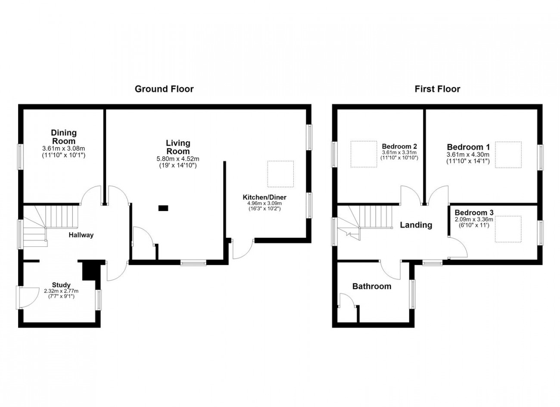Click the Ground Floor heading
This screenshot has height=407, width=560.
(x=164, y=89)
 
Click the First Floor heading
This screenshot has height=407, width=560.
(x=437, y=89)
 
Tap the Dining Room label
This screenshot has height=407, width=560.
(x=64, y=137)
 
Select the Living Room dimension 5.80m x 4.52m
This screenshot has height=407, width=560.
(x=178, y=159)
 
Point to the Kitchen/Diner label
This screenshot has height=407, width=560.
(x=264, y=197)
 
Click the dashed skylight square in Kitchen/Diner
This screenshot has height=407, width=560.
(x=280, y=174)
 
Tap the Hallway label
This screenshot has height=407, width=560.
(x=81, y=235)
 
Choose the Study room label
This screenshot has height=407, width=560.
(x=61, y=285)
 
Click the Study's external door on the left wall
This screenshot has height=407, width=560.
(x=28, y=298)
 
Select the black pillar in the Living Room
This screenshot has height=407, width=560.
(x=163, y=208)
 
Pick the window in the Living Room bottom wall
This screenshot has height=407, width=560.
(x=193, y=262)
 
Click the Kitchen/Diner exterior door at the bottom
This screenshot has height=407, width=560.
(x=243, y=249)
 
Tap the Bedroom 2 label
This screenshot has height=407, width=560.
(x=399, y=146)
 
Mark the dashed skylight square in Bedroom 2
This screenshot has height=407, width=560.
(x=364, y=154)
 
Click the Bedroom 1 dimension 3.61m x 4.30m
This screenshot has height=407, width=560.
(x=468, y=155)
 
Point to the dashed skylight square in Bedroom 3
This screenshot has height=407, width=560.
(x=508, y=229)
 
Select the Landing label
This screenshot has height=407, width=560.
(x=416, y=225)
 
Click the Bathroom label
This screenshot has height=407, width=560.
(x=372, y=286)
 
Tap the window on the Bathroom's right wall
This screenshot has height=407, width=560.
(x=412, y=294)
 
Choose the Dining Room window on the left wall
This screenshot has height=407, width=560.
(x=20, y=157)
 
